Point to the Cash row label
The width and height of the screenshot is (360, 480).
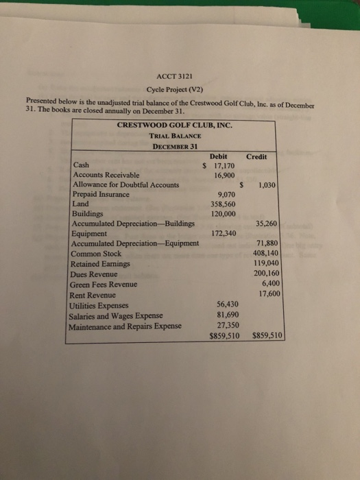(x=80, y=165)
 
